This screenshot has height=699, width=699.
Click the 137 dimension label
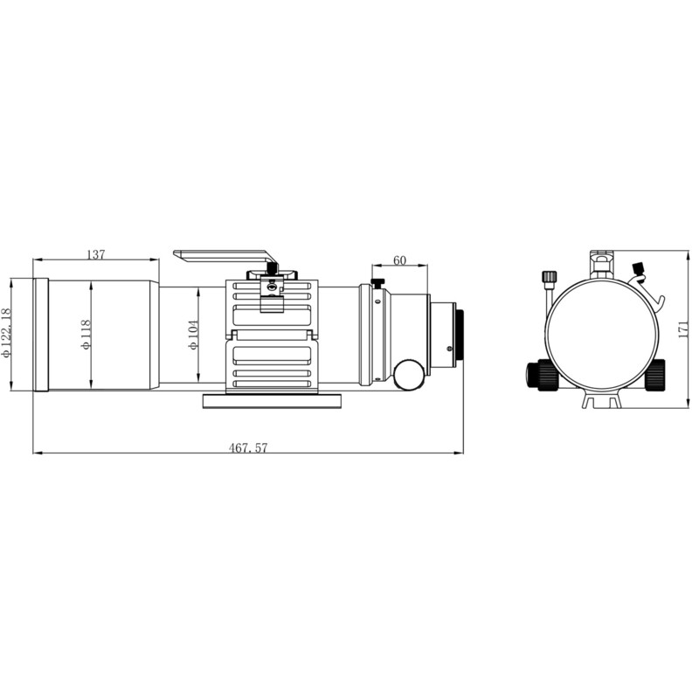pyautogui.click(x=96, y=254)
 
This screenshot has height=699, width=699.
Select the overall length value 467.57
pyautogui.click(x=248, y=447)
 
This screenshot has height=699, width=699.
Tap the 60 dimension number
pyautogui.click(x=400, y=260)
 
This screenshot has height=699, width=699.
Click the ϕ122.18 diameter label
pyautogui.click(x=8, y=333)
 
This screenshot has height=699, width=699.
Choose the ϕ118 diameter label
pyautogui.click(x=86, y=334)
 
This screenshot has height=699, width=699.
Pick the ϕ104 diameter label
pyautogui.click(x=194, y=334)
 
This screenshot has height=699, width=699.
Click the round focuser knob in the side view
pyautogui.click(x=407, y=375)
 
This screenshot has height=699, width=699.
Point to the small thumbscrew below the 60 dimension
pyautogui.click(x=377, y=283)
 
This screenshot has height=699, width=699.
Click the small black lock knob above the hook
pyautogui.click(x=638, y=266)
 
